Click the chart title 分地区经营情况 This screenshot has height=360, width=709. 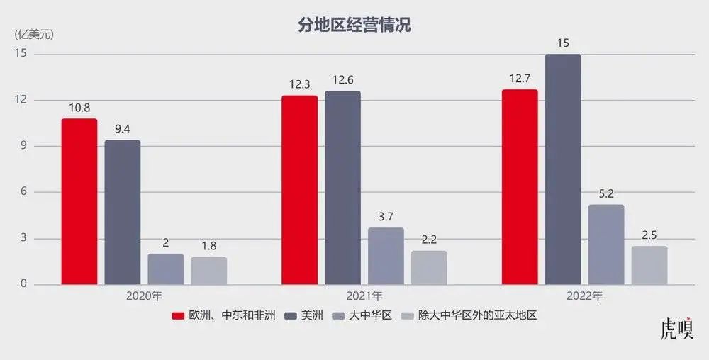(x=354, y=26)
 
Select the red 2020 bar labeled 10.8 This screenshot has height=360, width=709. (x=79, y=202)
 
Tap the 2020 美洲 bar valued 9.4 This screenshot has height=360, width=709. (x=123, y=213)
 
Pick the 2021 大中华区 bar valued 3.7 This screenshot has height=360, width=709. (x=386, y=257)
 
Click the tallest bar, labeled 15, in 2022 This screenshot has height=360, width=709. (x=563, y=170)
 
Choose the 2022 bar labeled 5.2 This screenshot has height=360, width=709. (x=606, y=245)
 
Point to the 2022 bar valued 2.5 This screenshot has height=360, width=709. (x=649, y=266)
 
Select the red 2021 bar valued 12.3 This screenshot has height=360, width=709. (x=299, y=190)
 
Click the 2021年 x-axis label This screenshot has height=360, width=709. (x=364, y=296)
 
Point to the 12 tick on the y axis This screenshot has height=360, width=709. (x=21, y=100)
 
